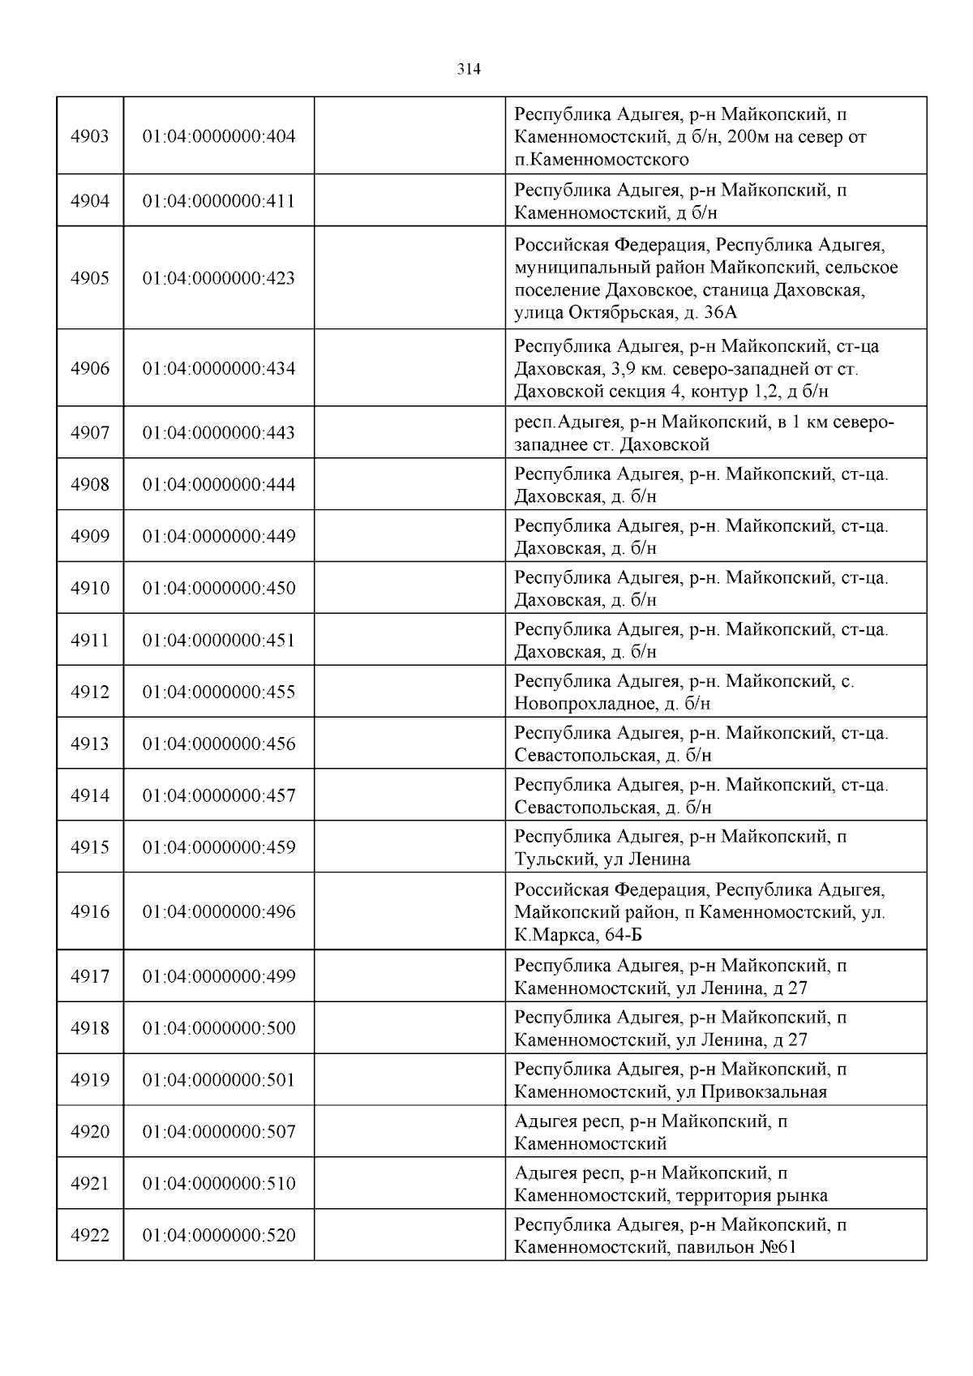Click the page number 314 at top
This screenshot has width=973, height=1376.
469,70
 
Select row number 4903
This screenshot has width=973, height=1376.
89,136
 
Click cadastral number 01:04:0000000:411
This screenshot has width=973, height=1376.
219,201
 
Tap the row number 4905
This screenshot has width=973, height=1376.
89,278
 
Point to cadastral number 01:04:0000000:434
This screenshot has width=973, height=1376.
219,369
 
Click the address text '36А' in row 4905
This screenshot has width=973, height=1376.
720,313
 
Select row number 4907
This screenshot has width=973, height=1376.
89,433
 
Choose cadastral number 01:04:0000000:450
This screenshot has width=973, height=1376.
219,588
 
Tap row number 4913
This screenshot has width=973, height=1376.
89,744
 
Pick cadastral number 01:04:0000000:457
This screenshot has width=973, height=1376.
219,795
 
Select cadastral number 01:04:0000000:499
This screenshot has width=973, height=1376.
219,976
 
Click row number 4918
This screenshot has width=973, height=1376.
89,1028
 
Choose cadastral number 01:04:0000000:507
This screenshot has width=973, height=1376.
219,1132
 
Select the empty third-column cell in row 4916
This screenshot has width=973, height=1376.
409,911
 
